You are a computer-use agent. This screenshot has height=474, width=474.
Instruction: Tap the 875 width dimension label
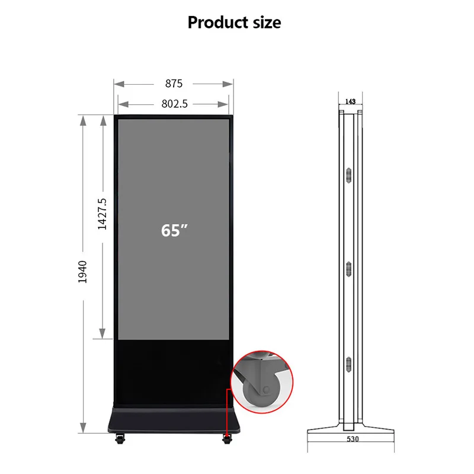coord(174,84)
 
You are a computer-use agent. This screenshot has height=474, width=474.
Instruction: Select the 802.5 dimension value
coord(174,104)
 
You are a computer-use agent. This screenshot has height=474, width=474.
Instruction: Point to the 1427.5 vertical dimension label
coord(102,214)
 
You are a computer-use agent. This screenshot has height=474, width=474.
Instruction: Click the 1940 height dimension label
coord(82,272)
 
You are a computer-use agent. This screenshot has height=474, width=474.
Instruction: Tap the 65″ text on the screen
coord(174,230)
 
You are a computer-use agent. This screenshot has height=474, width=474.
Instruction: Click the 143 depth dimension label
coord(350,101)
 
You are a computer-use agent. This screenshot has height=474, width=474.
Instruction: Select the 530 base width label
coord(353,439)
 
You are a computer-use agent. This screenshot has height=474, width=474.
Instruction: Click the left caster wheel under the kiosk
coord(120,439)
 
